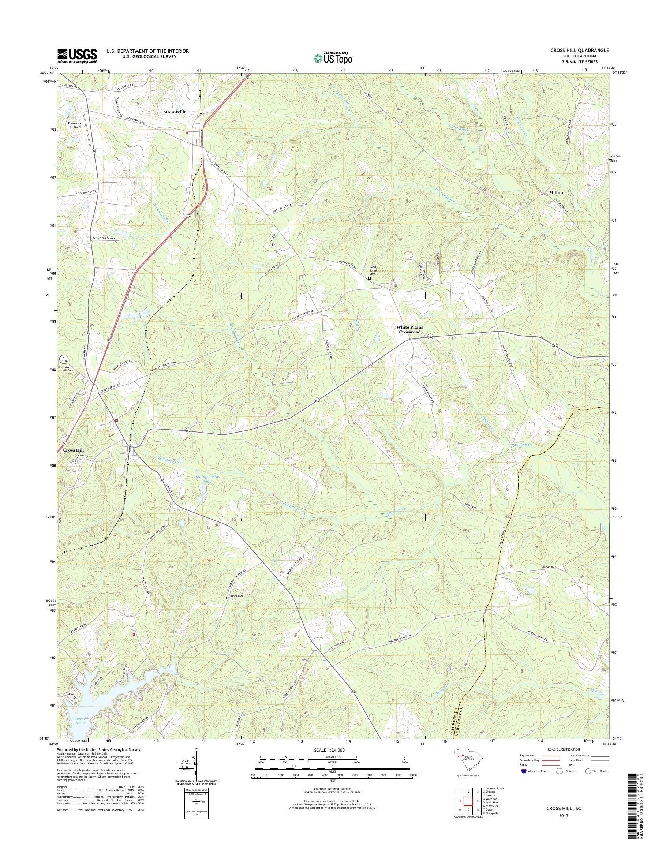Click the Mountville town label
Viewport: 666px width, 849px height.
175,112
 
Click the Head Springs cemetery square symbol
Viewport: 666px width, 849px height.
369,278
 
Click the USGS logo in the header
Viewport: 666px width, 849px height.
77,56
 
